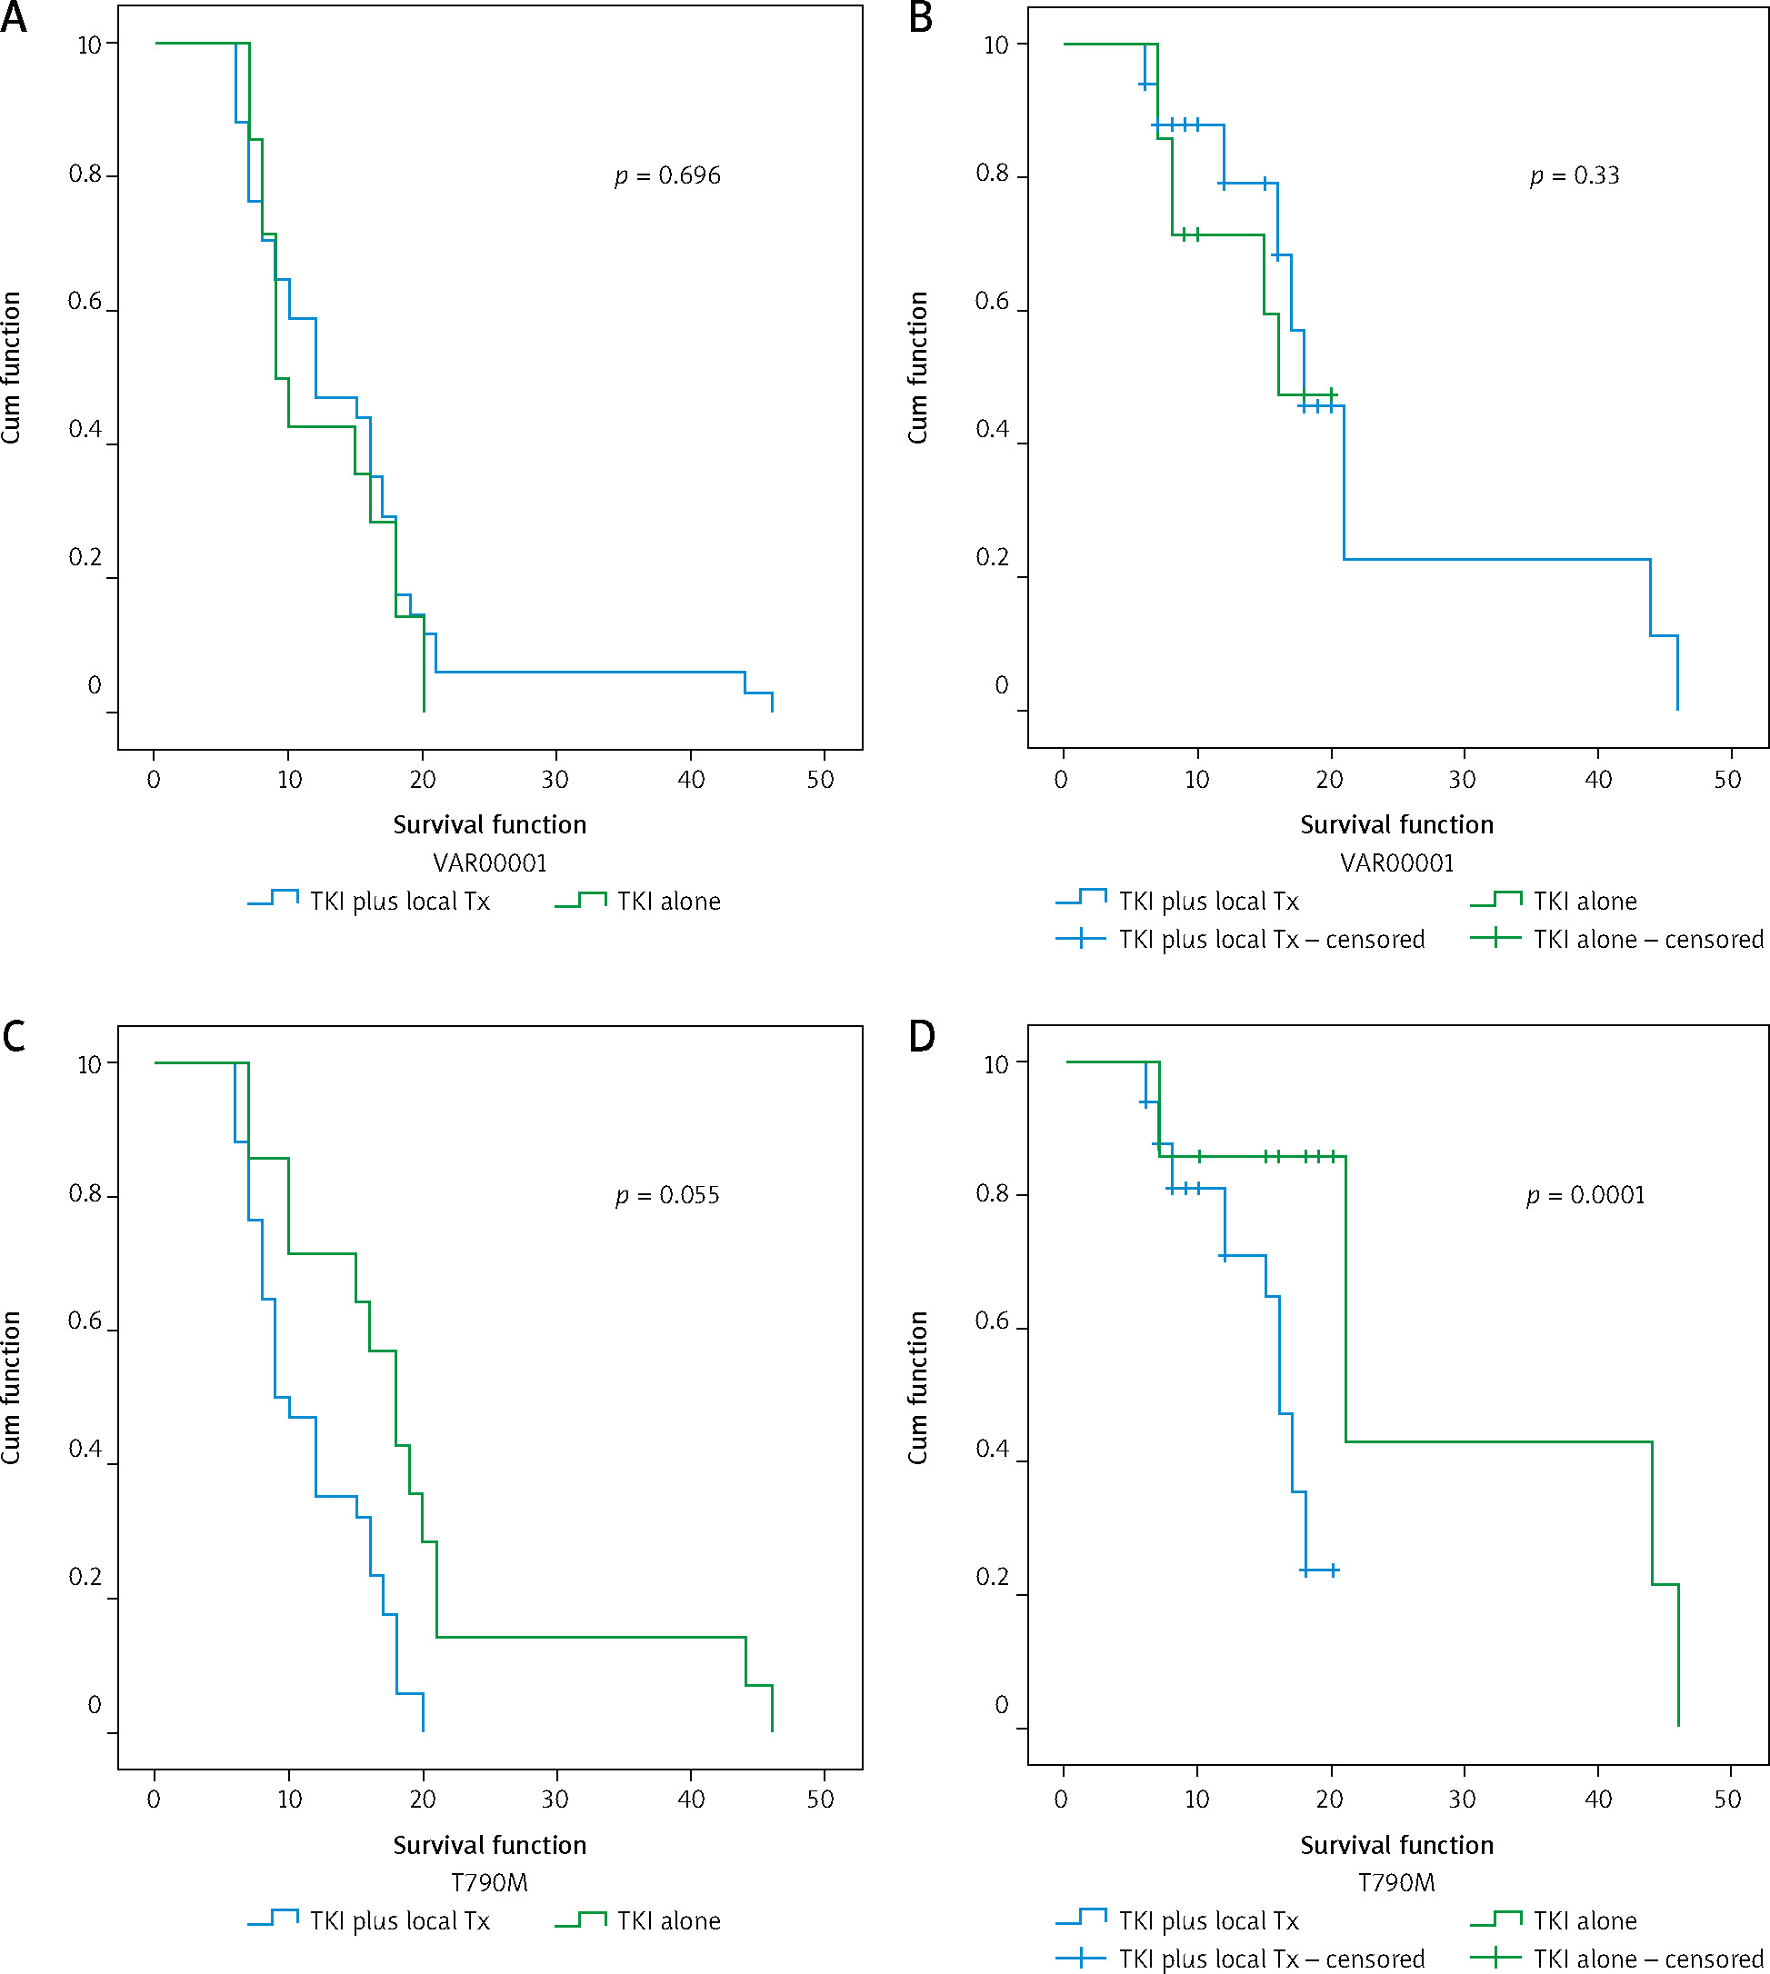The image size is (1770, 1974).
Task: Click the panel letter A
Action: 14,17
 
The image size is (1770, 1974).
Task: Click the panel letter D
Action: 921,1037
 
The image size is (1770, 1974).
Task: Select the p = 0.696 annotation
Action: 668,176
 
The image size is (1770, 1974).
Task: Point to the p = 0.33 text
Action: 1575,176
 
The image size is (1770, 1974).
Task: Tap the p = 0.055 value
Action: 668,1195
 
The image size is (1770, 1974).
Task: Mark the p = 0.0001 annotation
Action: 1585,1195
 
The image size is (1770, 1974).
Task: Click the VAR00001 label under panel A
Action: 489,862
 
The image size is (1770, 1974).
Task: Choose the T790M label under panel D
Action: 1395,1882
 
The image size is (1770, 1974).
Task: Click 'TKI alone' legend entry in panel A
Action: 668,902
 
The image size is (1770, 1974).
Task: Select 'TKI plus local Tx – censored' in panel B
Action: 1271,940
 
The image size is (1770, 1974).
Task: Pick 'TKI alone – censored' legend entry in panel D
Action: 1647,1959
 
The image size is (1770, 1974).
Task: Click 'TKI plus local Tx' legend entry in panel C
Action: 399,1920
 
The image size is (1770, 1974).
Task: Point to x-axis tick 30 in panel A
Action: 555,780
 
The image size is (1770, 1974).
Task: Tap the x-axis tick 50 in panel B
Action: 1727,780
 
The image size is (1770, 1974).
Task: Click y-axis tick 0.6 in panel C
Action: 85,1321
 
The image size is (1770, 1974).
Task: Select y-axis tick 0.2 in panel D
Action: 992,1576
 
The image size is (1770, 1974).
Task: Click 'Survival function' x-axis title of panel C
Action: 489,1845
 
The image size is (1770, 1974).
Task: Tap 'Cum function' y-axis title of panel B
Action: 917,367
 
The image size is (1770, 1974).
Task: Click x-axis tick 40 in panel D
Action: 1598,1799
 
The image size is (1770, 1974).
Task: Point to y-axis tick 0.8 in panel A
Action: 85,174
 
